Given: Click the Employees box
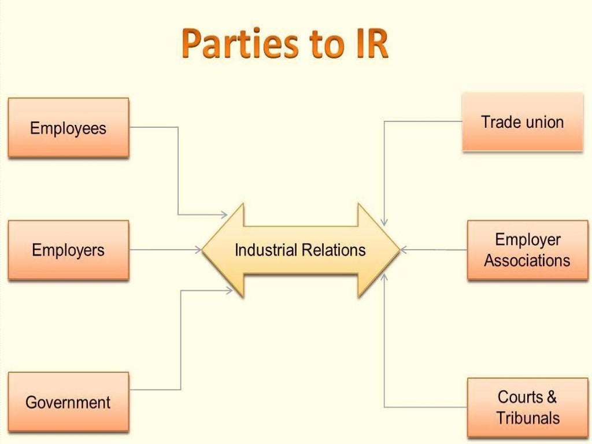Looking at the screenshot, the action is pyautogui.click(x=68, y=128).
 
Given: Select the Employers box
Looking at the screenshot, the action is pyautogui.click(x=68, y=250).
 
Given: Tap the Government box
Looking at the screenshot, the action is pyautogui.click(x=68, y=402).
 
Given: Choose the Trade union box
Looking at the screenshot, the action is pyautogui.click(x=522, y=122).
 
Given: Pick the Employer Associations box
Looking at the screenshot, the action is pyautogui.click(x=527, y=250).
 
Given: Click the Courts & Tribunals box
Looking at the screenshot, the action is pyautogui.click(x=527, y=408).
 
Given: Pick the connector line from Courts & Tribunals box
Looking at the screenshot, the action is pyautogui.click(x=384, y=347).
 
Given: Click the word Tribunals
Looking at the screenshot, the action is pyautogui.click(x=528, y=418).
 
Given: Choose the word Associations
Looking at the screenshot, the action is pyautogui.click(x=527, y=261).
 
